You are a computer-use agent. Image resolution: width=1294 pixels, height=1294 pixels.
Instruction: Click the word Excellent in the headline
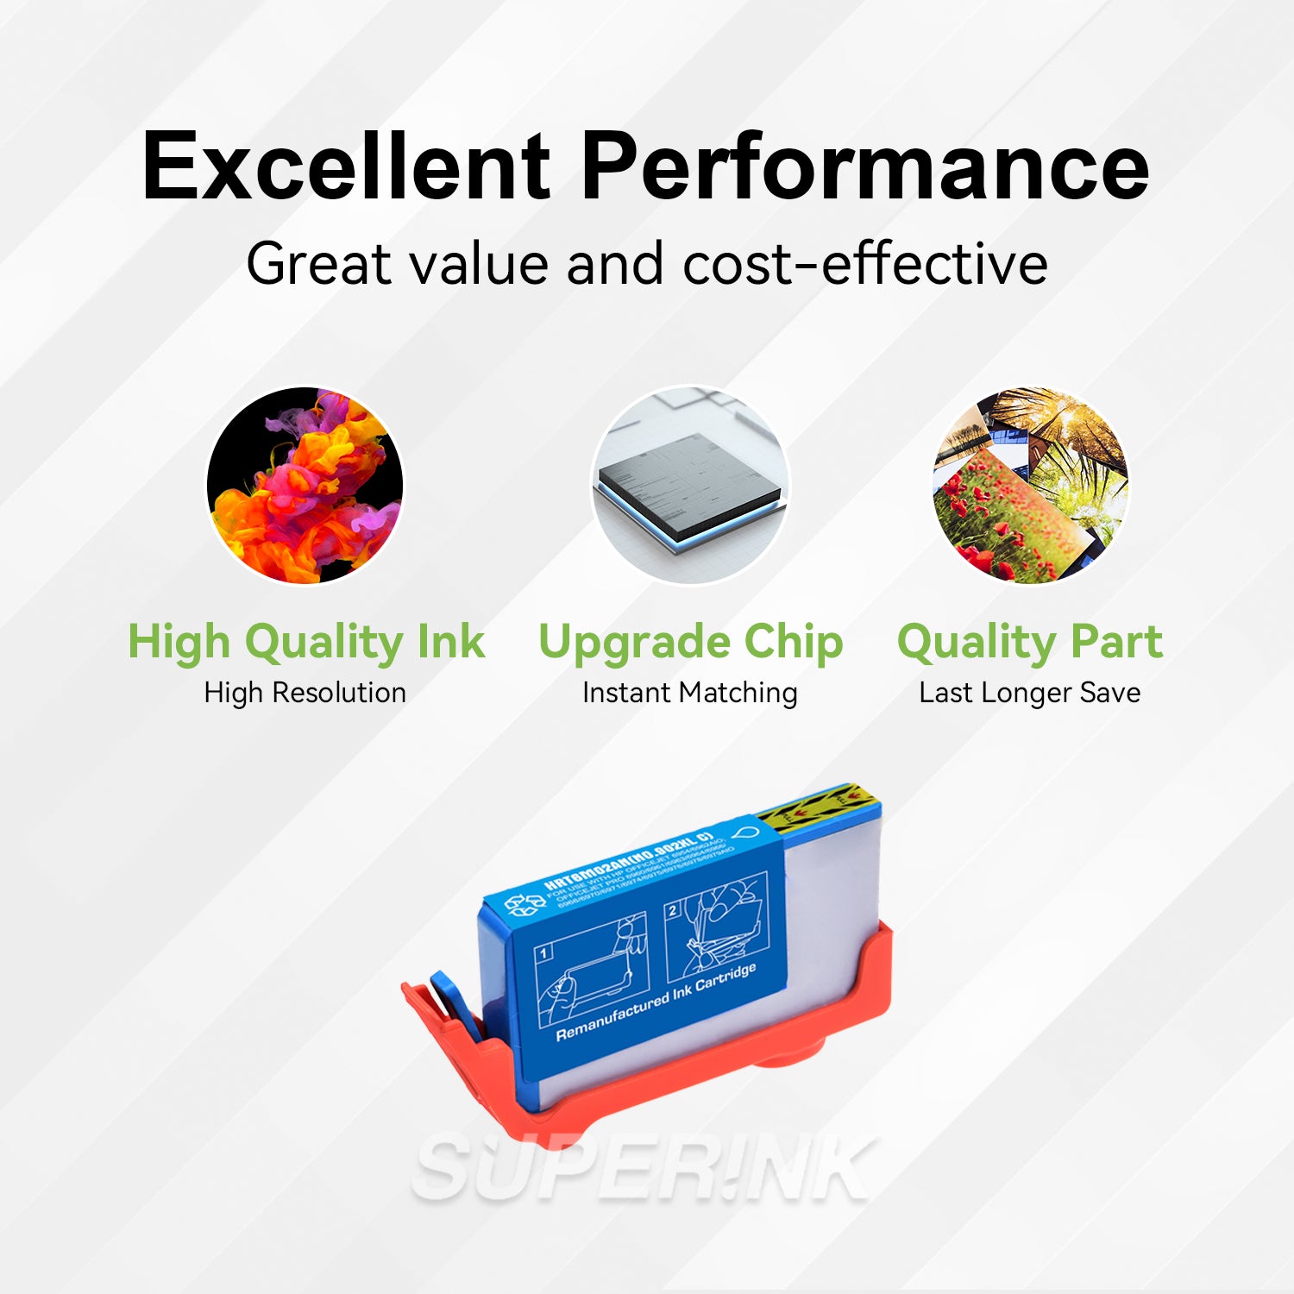[x=345, y=166]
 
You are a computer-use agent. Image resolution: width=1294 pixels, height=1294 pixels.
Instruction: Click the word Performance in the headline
[x=865, y=166]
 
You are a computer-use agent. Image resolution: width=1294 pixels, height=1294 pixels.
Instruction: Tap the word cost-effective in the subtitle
[x=865, y=263]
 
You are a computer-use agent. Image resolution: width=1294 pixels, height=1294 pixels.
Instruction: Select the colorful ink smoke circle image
[x=305, y=485]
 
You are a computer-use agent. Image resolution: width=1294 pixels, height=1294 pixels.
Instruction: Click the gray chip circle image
[x=690, y=485]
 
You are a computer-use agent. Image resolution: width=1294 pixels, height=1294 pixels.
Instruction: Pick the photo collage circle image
[x=1030, y=485]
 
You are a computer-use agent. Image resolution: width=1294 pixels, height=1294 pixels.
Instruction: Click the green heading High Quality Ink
[x=306, y=643]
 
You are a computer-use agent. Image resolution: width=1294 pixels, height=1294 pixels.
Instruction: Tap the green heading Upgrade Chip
[x=690, y=643]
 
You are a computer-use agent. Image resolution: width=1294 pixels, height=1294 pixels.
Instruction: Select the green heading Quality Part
[x=1030, y=643]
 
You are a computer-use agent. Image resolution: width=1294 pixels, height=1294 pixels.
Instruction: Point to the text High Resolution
[x=305, y=693]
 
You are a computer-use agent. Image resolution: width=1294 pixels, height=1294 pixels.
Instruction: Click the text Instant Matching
[x=690, y=693]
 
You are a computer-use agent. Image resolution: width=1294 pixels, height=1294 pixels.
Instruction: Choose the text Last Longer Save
[x=1030, y=693]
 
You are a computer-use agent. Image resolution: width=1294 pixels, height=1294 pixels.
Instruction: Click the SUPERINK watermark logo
[x=643, y=1169]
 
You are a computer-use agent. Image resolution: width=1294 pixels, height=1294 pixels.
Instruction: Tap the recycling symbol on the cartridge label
[x=524, y=904]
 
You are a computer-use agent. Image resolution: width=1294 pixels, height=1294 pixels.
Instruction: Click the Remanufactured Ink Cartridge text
[x=656, y=1002]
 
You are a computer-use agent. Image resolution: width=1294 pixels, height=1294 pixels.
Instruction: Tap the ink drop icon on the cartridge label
[x=745, y=834]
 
